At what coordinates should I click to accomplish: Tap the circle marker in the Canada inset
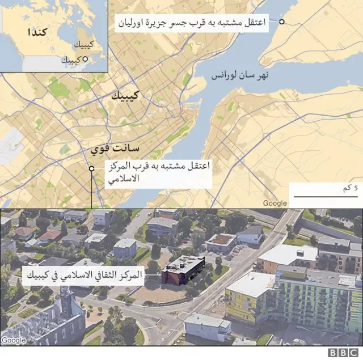85,59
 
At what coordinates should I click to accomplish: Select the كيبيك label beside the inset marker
70,60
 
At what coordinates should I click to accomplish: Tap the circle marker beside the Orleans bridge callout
281,23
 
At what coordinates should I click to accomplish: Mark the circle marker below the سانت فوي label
91,168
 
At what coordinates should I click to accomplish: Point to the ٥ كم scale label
352,188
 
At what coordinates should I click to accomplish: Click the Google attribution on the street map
275,204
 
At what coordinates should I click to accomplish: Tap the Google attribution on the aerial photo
14,340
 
